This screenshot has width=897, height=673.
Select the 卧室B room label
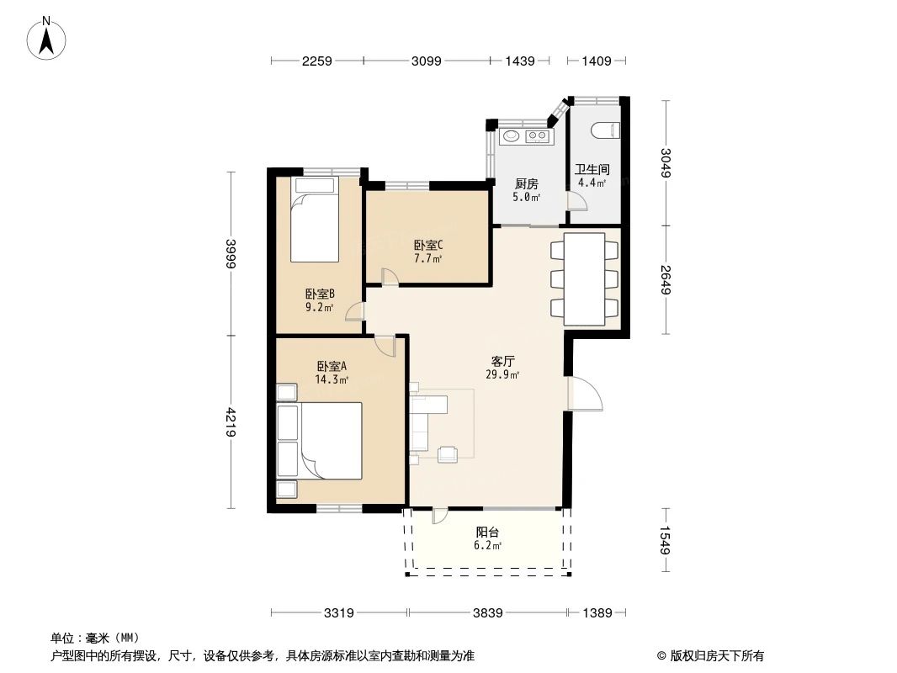click(320, 294)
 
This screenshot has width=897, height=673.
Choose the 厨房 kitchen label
click(526, 184)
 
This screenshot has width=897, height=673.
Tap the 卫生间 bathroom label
click(592, 169)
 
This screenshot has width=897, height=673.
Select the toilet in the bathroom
click(606, 130)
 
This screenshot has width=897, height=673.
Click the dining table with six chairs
click(584, 278)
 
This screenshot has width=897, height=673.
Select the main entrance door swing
click(586, 394)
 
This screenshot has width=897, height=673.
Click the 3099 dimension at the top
click(427, 61)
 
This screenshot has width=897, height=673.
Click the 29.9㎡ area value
click(503, 375)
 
